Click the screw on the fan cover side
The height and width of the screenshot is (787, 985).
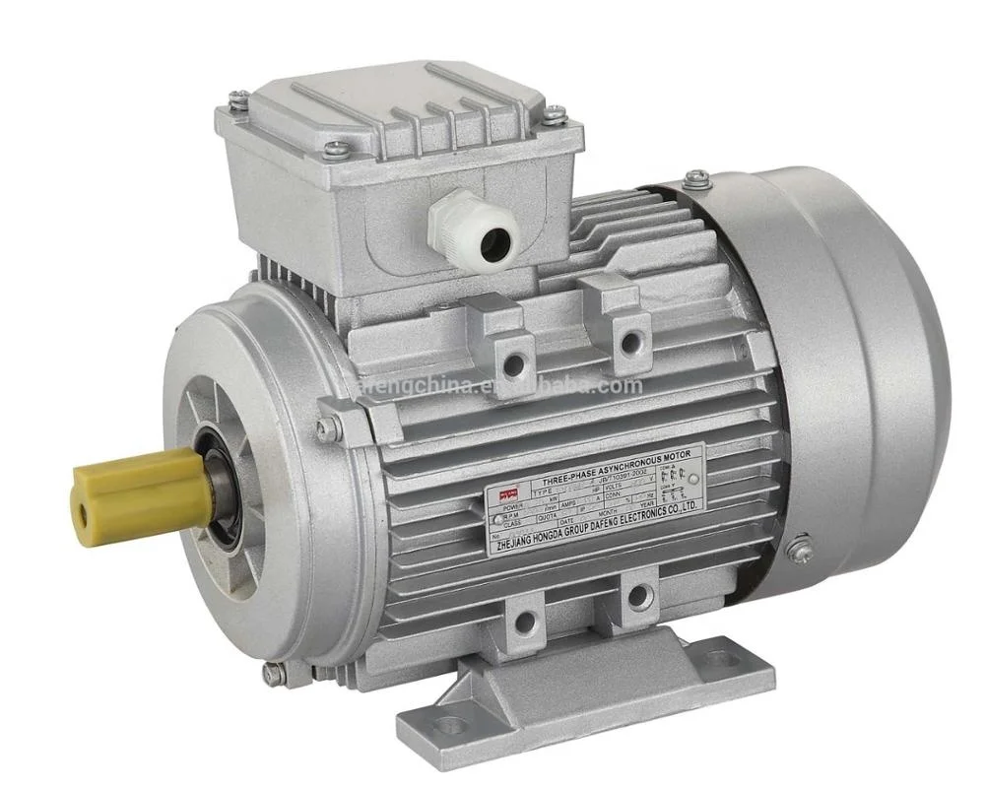(801, 543)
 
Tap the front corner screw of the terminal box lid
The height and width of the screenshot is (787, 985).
(336, 149)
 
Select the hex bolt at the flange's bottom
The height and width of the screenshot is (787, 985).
(273, 674)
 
